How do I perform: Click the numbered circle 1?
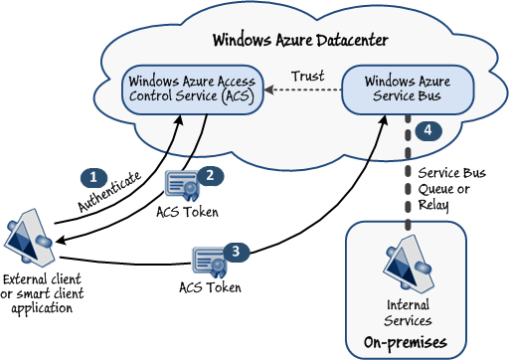tap(93, 176)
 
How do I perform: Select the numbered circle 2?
tap(211, 172)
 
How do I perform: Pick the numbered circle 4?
tap(426, 131)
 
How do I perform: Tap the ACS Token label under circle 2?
tap(187, 210)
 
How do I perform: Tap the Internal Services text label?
tap(407, 313)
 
